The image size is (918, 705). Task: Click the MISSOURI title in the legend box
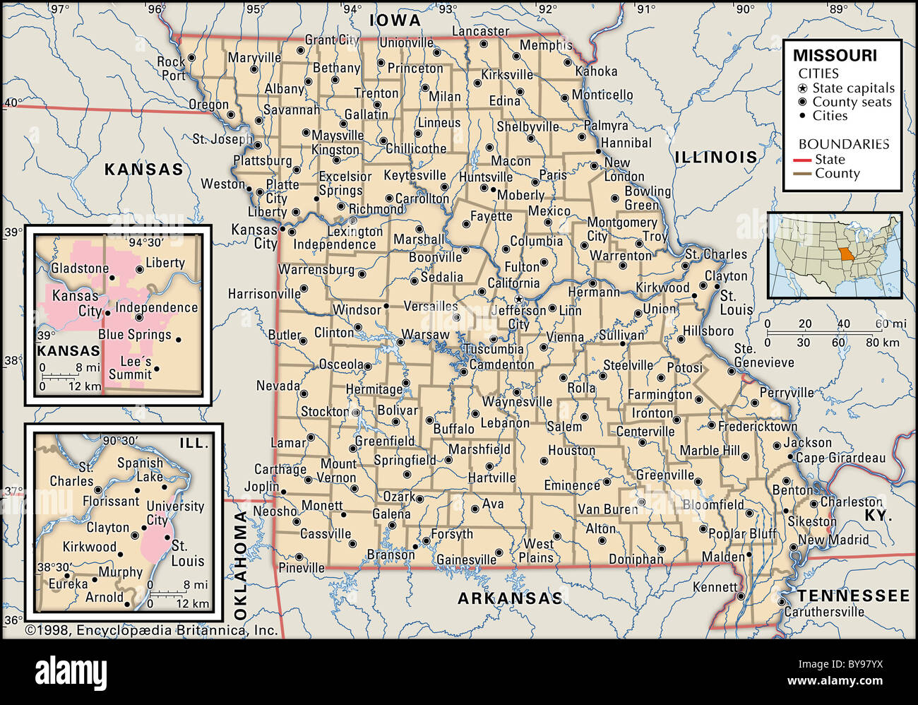(x=834, y=56)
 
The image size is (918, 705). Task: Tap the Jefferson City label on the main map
(x=518, y=317)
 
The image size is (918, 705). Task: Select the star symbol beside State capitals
(x=803, y=88)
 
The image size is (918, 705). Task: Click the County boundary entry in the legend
(x=837, y=174)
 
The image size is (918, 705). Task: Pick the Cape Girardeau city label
(x=840, y=458)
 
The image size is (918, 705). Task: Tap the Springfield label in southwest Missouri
(x=405, y=461)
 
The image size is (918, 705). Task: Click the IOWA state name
(x=395, y=20)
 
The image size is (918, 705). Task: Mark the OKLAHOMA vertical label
(x=241, y=565)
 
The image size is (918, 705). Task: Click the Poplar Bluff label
(x=741, y=534)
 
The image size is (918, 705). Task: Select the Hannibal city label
(x=626, y=143)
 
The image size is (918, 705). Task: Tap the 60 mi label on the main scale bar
(x=889, y=324)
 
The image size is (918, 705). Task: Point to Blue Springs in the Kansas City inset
(x=134, y=335)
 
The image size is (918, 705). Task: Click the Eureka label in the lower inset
(x=68, y=584)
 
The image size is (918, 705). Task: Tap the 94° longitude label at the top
(x=351, y=9)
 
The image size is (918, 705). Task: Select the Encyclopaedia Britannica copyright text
(x=151, y=630)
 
